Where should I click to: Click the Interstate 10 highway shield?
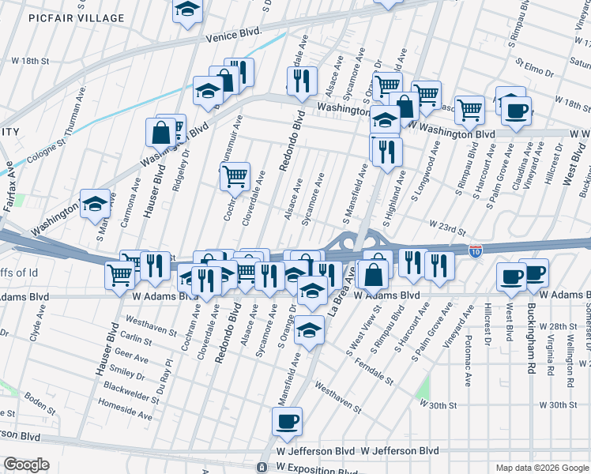pyautogui.click(x=475, y=250)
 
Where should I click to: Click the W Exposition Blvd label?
pyautogui.click(x=316, y=467)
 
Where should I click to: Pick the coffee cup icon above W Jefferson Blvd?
pyautogui.click(x=287, y=421)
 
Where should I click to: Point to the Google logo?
pyautogui.click(x=26, y=465)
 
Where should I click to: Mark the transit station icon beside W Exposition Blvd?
pyautogui.click(x=262, y=467)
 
